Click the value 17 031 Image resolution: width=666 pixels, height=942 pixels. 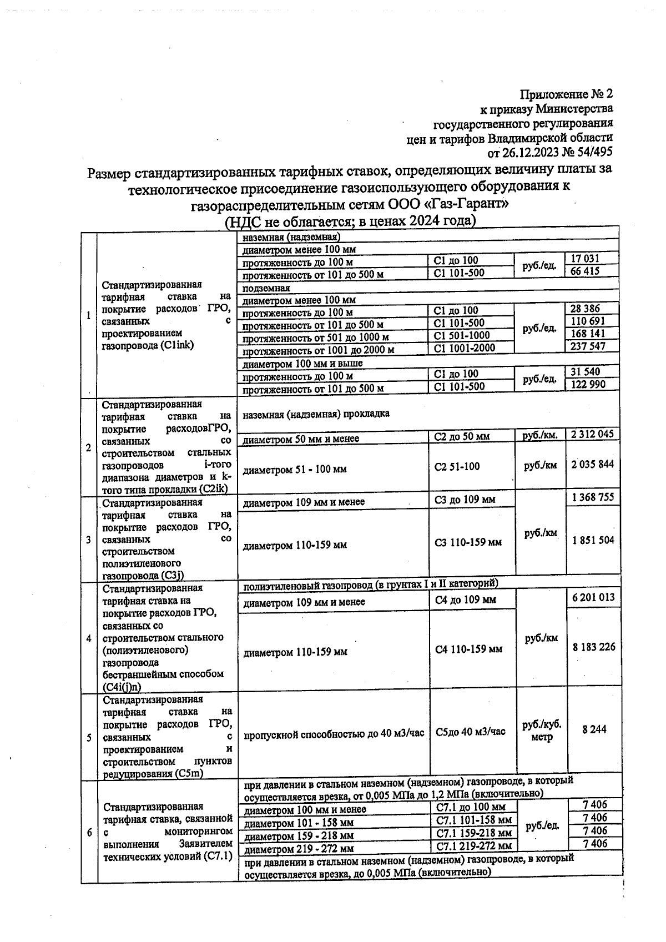[584, 259]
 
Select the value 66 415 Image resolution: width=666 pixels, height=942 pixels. [584, 271]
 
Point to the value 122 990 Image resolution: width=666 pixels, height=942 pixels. [588, 384]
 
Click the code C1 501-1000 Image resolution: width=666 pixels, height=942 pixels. [461, 335]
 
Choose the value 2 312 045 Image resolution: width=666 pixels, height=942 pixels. [592, 434]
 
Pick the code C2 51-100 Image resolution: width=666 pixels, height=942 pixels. [457, 467]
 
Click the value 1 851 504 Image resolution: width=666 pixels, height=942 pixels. [593, 540]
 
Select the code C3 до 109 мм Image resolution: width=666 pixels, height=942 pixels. [465, 500]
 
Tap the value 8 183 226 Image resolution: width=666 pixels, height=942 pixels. [594, 647]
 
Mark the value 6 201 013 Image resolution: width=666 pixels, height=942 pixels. [593, 597]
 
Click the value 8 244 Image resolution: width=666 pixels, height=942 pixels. [594, 730]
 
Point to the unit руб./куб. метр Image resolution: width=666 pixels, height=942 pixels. [542, 731]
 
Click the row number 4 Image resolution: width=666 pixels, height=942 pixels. [89, 638]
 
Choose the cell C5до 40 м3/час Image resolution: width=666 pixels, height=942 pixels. [470, 732]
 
